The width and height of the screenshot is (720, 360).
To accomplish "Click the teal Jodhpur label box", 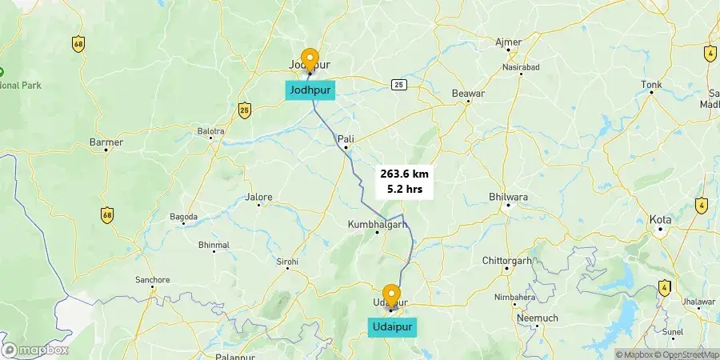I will click(x=309, y=90).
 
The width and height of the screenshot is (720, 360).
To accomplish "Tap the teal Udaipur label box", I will click(x=392, y=326).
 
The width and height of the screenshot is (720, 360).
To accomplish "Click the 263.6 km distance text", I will click(x=405, y=174).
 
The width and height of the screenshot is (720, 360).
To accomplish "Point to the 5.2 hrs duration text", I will click(x=405, y=190).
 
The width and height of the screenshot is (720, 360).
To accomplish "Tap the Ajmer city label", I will click(x=509, y=42).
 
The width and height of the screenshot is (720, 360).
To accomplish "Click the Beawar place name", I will click(x=469, y=94).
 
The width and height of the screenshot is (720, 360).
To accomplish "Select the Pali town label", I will click(x=346, y=138).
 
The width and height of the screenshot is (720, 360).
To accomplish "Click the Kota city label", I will click(x=661, y=218).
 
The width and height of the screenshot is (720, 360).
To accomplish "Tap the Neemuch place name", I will click(x=515, y=318).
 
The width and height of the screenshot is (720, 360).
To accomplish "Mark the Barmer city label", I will click(x=106, y=142).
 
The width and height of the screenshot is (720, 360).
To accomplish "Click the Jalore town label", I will click(x=259, y=196).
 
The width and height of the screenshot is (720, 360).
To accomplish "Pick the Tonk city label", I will click(x=652, y=84).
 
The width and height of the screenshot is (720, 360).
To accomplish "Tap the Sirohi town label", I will click(x=287, y=262).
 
